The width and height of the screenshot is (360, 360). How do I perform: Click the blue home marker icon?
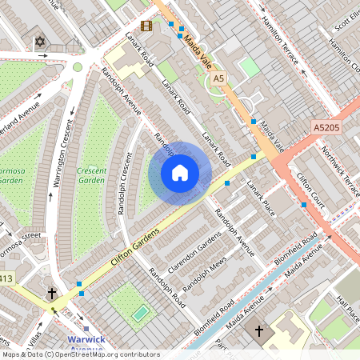point(180,173)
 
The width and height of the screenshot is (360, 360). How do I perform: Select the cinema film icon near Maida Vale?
point(146,26)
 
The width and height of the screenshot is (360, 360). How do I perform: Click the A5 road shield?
point(218,78)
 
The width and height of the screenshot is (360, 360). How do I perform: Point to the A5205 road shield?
point(326,127)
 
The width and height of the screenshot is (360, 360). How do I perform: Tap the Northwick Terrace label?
point(341,163)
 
